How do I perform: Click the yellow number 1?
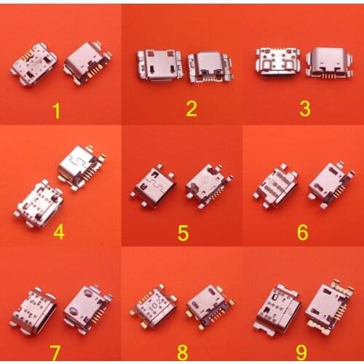[x=58, y=111]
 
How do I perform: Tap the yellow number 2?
[x=191, y=109]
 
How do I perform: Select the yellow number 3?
[x=305, y=109]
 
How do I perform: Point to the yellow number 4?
[x=59, y=233]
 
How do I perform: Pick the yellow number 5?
[x=183, y=233]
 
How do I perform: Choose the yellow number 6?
[x=302, y=233]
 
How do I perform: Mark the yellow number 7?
[x=55, y=352]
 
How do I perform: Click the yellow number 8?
[x=182, y=352]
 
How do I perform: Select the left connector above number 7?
[x=33, y=309]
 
